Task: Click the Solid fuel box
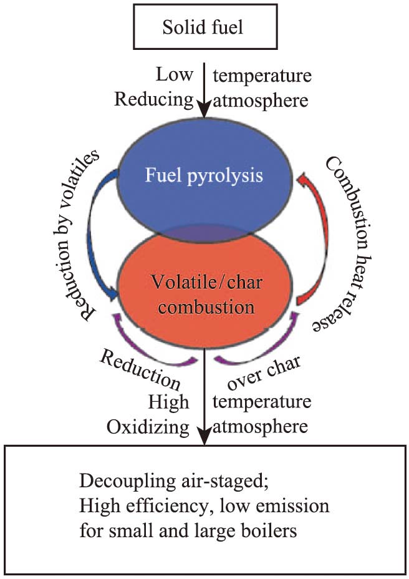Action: tap(204, 28)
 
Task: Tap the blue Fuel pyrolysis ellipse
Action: tap(204, 175)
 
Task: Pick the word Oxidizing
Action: tap(148, 427)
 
